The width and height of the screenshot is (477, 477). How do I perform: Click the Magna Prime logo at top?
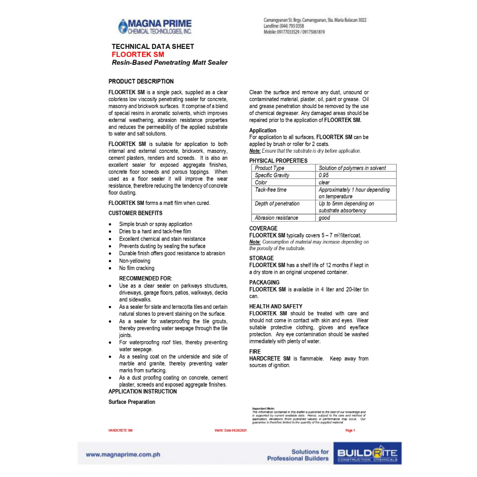pyautogui.click(x=155, y=26)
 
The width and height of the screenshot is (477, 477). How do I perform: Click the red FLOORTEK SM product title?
pyautogui.click(x=138, y=55)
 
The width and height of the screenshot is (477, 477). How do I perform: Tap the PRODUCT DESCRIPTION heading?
pyautogui.click(x=141, y=82)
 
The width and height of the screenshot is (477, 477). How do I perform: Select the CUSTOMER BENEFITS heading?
pyautogui.click(x=136, y=213)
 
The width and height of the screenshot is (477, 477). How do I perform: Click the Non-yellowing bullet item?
pyautogui.click(x=135, y=261)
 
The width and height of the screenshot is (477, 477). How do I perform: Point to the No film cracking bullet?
pyautogui.click(x=136, y=268)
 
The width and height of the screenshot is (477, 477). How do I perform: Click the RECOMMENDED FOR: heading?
pyautogui.click(x=145, y=279)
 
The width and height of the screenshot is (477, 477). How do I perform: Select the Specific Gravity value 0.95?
pyautogui.click(x=324, y=175)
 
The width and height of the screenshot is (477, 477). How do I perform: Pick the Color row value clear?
pyautogui.click(x=324, y=183)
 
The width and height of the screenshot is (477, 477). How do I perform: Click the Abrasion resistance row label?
pyautogui.click(x=276, y=218)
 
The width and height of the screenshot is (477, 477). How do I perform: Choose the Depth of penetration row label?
pyautogui.click(x=277, y=204)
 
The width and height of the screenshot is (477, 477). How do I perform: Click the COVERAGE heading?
pyautogui.click(x=263, y=229)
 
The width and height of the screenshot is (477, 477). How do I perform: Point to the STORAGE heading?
pyautogui.click(x=261, y=258)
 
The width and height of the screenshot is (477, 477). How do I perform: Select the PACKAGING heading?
pyautogui.click(x=264, y=282)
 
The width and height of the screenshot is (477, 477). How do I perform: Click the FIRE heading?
pyautogui.click(x=255, y=352)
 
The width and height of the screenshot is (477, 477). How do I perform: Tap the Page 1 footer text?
pyautogui.click(x=350, y=430)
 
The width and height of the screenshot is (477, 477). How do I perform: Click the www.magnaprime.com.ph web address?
pyautogui.click(x=123, y=455)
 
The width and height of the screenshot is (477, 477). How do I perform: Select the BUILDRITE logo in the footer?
pyautogui.click(x=368, y=454)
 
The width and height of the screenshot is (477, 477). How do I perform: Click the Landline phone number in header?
pyautogui.click(x=284, y=26)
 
